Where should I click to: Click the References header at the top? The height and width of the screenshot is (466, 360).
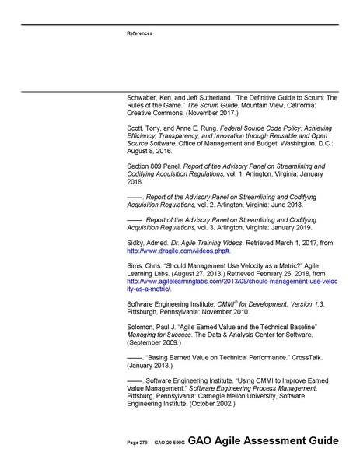139,33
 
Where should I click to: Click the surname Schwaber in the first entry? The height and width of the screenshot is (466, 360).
144,98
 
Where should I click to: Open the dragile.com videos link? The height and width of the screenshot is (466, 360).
178,252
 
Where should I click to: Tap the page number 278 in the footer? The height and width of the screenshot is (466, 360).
144,443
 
